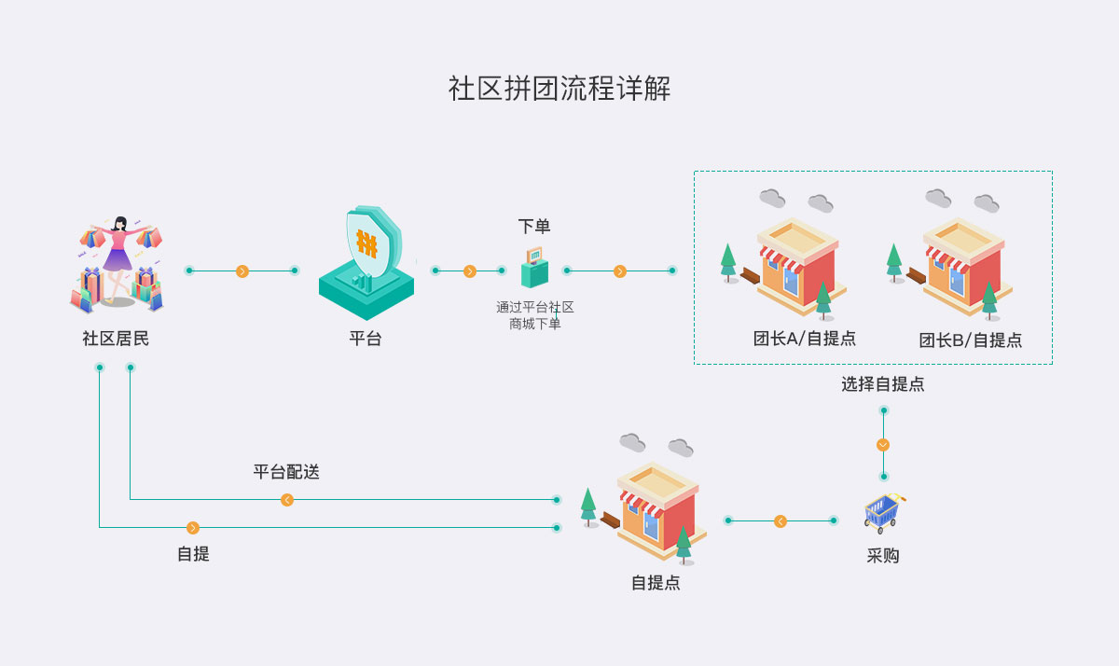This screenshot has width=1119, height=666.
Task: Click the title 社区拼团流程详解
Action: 559,90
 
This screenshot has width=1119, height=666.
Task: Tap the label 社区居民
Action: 116,339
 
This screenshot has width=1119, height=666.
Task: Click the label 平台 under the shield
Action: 366,339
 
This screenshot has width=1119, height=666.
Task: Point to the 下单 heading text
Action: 534,227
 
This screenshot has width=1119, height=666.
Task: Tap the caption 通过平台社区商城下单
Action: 534,315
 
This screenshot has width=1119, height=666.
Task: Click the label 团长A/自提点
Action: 805,340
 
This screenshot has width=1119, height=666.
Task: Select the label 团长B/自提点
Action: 971,340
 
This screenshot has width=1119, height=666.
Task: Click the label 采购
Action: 883,556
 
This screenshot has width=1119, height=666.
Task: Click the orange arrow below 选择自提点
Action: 883,445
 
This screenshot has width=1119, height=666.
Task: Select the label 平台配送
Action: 286,472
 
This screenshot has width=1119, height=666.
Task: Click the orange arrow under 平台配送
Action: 287,500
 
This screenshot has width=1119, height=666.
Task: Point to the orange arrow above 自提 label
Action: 193,528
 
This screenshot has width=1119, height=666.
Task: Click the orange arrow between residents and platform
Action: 242,271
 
